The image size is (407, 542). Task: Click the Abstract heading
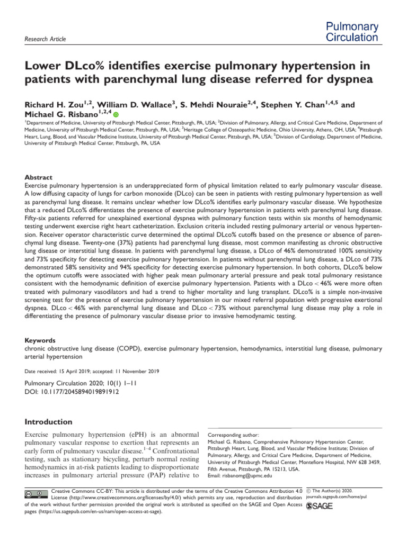(x=40, y=178)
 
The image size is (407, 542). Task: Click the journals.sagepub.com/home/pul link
(x=337, y=497)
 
